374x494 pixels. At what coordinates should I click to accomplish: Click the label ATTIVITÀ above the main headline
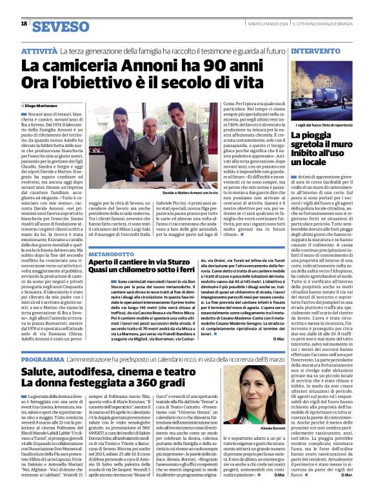(41, 50)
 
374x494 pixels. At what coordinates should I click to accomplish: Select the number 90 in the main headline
(166, 64)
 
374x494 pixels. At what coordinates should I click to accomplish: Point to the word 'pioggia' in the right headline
(330, 136)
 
